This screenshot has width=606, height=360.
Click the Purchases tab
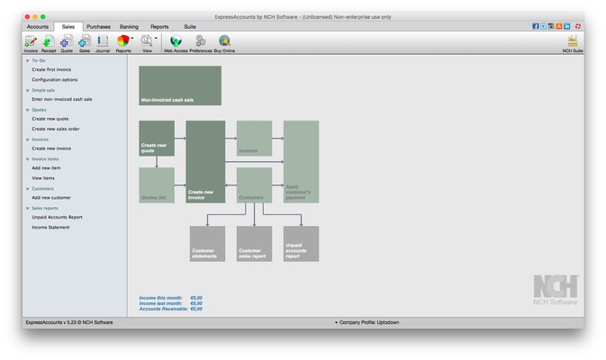click(98, 27)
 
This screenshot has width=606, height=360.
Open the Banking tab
click(129, 27)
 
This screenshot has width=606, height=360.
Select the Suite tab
click(190, 27)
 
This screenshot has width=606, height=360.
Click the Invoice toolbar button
click(31, 43)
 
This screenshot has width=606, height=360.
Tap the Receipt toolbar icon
click(48, 43)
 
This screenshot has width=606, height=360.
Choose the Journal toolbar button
click(102, 43)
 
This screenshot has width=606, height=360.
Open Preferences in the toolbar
click(200, 43)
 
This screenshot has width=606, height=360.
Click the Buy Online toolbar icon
click(224, 43)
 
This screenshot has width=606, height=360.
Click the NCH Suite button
click(572, 43)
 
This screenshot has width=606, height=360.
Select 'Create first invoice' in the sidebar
click(51, 69)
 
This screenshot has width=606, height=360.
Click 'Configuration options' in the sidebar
click(55, 79)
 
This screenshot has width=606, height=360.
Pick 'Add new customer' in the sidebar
click(51, 197)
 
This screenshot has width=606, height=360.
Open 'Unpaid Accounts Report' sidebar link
click(57, 217)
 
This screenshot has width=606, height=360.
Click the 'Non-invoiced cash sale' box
click(180, 85)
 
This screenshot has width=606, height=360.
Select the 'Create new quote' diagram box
click(157, 138)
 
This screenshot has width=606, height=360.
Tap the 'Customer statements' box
click(207, 244)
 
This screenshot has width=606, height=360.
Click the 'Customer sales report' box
click(254, 244)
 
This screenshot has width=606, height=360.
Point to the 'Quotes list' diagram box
click(157, 184)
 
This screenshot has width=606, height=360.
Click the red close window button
click(28, 16)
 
